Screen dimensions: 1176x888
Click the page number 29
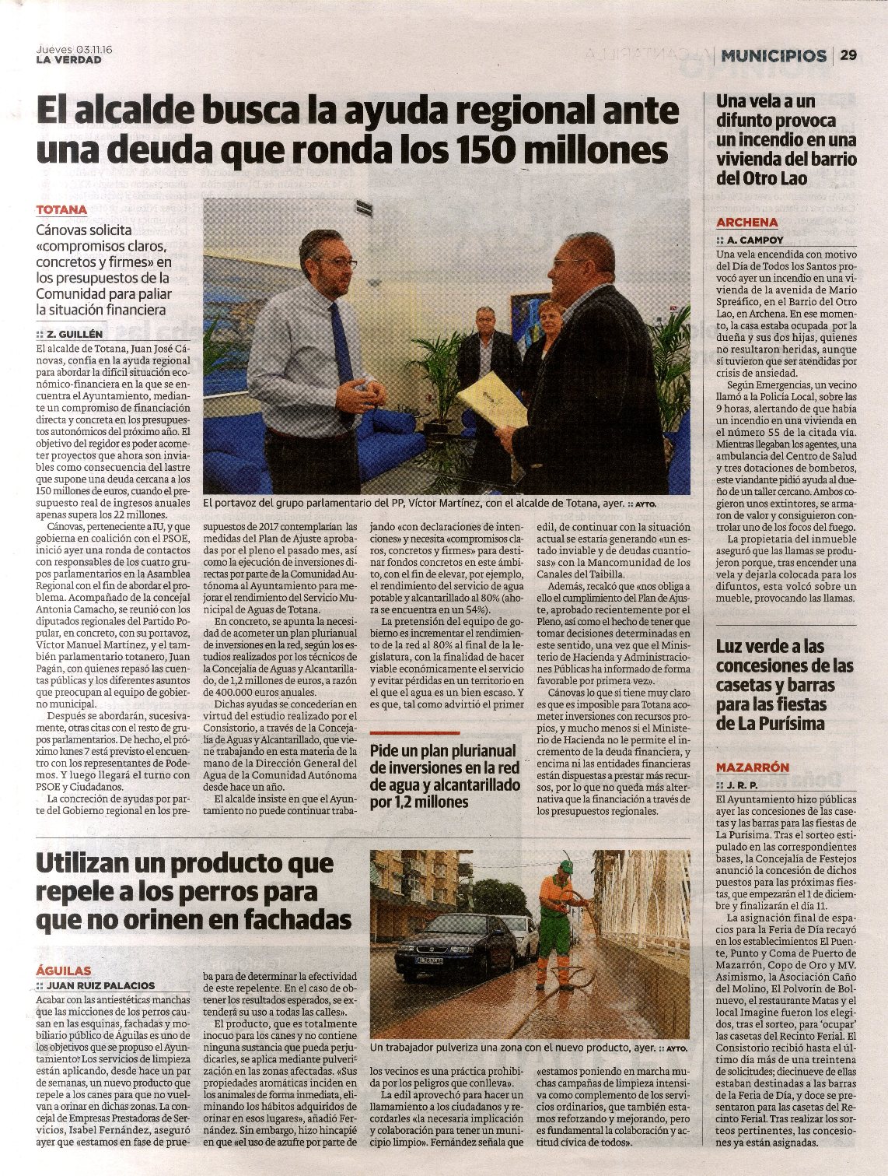point(848,55)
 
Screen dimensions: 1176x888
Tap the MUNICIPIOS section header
point(774,55)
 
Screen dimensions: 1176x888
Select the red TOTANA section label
point(61,210)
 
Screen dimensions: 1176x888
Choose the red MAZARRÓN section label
point(752,767)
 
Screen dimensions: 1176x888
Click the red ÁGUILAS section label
point(64,971)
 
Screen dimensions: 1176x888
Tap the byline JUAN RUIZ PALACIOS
point(101,985)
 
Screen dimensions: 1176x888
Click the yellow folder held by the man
point(491,398)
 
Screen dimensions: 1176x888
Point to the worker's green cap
point(566,866)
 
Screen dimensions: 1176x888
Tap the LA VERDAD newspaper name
point(68,60)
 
